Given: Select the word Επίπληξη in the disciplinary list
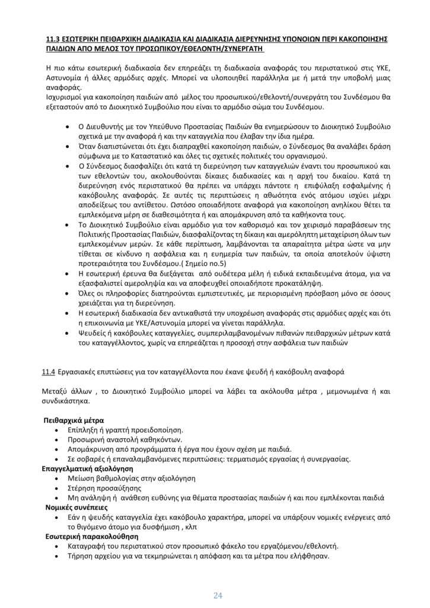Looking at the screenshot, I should tap(84, 429).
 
